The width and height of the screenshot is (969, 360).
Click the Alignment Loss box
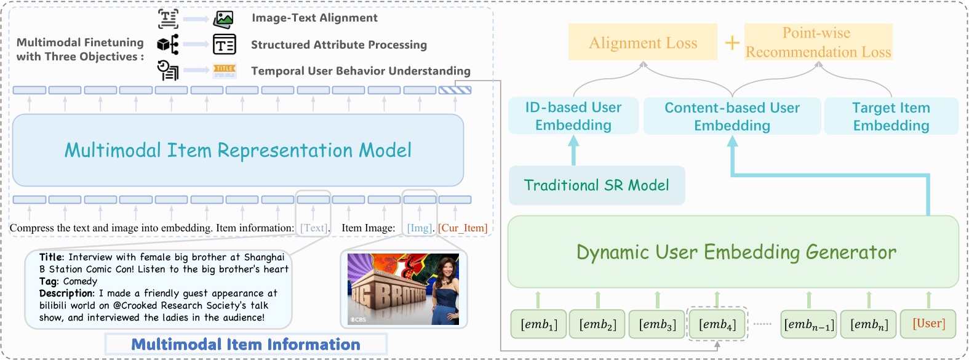click(x=643, y=42)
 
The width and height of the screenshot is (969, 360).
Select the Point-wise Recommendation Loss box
click(x=818, y=42)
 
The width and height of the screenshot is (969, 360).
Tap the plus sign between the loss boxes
click(x=732, y=42)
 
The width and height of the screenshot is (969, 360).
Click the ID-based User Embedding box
click(x=573, y=116)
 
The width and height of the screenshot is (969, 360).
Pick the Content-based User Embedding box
click(x=732, y=116)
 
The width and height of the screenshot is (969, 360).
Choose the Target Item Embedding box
click(x=891, y=116)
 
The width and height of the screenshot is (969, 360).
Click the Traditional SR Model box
click(x=596, y=185)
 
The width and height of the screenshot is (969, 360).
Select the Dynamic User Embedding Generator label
click(x=736, y=252)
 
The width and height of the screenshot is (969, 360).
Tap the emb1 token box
click(x=539, y=324)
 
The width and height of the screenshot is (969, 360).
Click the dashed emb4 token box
click(x=717, y=324)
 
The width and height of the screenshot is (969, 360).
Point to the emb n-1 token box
click(x=809, y=324)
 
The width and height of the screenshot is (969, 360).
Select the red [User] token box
click(x=928, y=324)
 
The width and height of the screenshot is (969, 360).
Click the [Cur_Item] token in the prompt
click(x=463, y=228)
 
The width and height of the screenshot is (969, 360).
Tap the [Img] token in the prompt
click(x=420, y=228)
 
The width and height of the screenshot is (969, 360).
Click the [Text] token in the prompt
click(x=314, y=228)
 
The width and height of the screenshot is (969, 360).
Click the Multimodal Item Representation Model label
click(x=237, y=150)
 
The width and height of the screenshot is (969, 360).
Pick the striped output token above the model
click(x=455, y=90)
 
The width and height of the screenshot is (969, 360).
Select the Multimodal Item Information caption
click(x=245, y=344)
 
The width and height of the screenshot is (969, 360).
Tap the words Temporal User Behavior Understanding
click(x=361, y=71)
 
